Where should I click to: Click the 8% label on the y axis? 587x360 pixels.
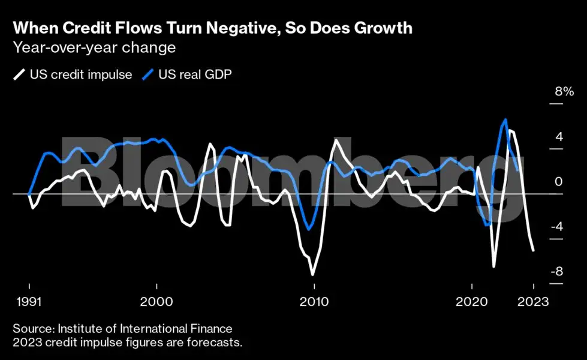pos(564,92)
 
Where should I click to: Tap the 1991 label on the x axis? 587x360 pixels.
pos(29,301)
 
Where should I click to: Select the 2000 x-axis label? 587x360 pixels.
pos(156,301)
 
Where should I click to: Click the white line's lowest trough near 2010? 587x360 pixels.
pos(312,275)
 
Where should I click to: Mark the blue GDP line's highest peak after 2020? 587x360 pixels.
pos(505,119)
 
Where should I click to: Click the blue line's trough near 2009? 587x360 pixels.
pos(308,229)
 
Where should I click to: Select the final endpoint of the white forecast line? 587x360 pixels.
pos(534,250)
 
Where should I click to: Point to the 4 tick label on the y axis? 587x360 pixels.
pos(559,137)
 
